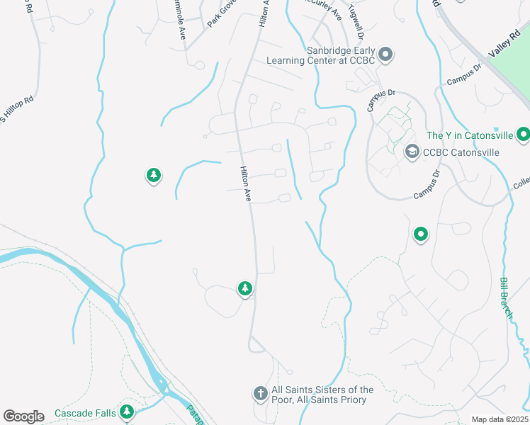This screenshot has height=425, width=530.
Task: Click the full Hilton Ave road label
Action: coord(246,183)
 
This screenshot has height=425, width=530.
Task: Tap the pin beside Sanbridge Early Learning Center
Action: coord(385,54)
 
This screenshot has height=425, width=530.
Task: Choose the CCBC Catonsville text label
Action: coord(461,152)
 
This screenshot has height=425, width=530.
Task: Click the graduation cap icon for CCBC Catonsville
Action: coord(412,152)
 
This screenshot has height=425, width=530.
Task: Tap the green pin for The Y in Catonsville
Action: coord(523,133)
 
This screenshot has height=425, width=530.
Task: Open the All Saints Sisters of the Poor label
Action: coord(322,395)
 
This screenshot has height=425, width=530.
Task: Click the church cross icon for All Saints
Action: coord(260,393)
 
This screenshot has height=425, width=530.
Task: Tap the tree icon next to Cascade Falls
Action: coord(127,411)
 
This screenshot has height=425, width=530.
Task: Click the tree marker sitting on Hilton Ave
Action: coord(244,288)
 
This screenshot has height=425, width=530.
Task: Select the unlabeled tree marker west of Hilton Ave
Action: coord(153,175)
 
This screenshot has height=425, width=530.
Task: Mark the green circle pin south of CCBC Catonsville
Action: coord(421,234)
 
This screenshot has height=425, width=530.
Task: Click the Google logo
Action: coord(23,416)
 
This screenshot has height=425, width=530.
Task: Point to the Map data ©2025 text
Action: coord(499,419)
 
